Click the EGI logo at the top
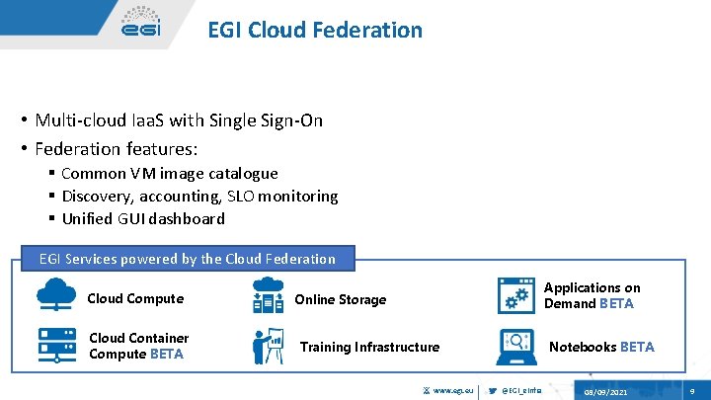click(140, 23)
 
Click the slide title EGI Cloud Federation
click(314, 30)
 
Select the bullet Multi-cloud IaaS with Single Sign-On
click(179, 120)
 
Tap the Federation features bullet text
click(117, 149)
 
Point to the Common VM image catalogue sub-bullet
click(183, 174)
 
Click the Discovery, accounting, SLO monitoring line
click(212, 197)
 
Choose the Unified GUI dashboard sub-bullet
click(156, 219)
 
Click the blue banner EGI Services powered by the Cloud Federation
click(187, 259)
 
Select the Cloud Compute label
click(135, 298)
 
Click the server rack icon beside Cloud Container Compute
click(57, 345)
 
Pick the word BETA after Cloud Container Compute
click(167, 354)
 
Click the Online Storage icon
click(268, 296)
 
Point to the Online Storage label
click(341, 299)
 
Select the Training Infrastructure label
click(369, 347)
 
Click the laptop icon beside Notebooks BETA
click(515, 346)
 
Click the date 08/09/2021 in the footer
click(604, 392)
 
